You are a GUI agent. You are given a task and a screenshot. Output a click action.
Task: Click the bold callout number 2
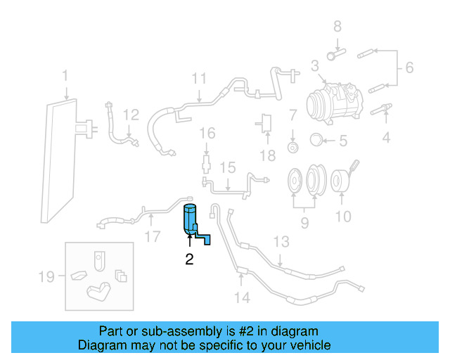point(189,259)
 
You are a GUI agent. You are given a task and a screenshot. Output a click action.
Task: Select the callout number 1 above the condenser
point(65,75)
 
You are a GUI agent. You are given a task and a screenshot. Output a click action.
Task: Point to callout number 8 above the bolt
point(337,27)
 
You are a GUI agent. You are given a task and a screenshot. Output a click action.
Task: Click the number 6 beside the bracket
point(409,68)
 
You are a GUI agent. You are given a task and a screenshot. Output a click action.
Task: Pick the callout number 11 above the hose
point(199,79)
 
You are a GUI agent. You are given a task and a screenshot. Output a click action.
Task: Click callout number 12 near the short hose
point(131,115)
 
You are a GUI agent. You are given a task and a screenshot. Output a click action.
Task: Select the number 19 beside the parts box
point(46,277)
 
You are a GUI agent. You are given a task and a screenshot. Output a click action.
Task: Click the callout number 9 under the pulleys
point(305,224)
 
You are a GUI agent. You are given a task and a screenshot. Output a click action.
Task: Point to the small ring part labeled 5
point(316,140)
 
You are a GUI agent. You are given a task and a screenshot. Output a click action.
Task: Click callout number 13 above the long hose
point(281,243)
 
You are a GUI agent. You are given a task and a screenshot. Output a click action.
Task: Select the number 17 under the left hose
point(153,236)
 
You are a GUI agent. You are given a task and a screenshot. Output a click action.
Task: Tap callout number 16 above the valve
point(206,133)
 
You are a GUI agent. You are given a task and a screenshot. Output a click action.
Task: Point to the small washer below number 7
point(292,147)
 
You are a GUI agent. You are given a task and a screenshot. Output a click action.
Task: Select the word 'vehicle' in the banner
point(309,345)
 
